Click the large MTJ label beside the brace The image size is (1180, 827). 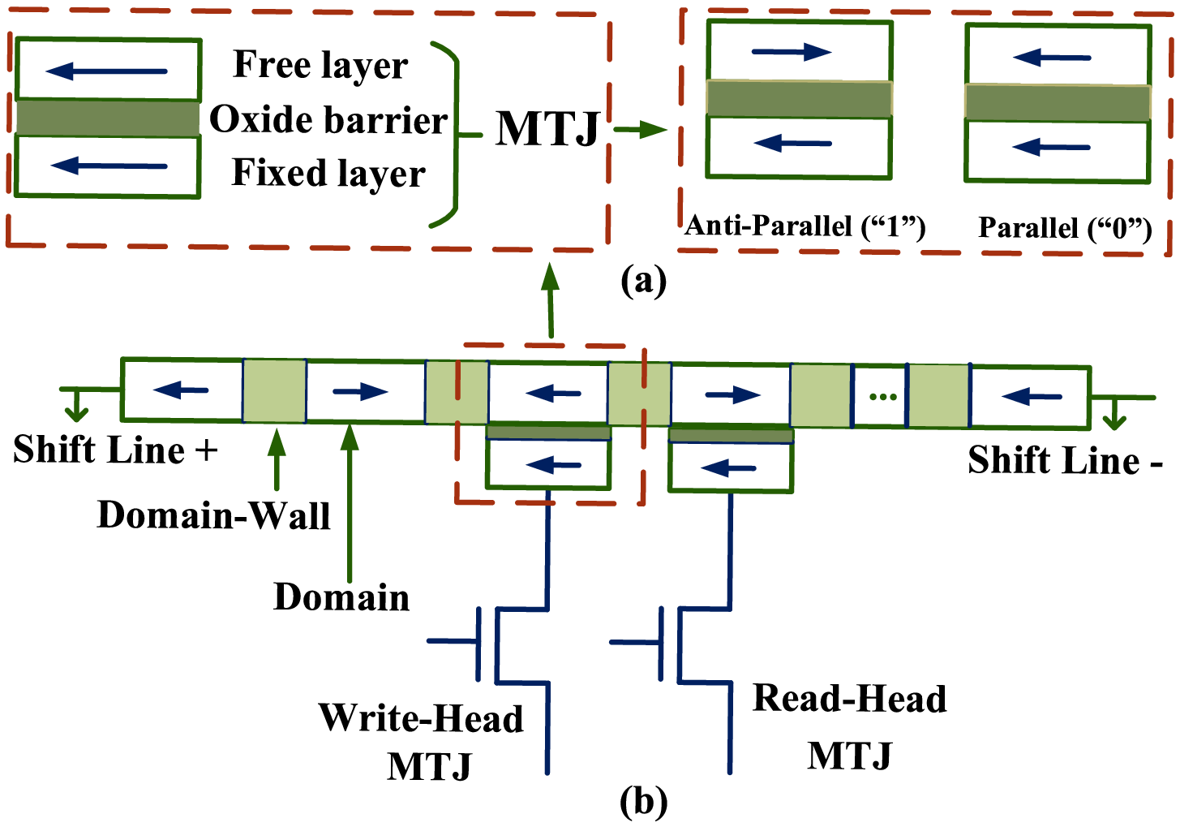548,128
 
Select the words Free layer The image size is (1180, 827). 320,65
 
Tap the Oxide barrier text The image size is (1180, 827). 328,119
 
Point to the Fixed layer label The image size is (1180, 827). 328,172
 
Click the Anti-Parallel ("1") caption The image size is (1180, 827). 805,226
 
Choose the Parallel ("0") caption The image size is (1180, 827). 1065,228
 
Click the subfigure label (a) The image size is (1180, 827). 642,281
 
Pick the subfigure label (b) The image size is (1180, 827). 643,802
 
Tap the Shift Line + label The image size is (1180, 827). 115,450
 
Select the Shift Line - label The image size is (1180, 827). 1065,460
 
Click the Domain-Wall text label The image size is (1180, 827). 213,515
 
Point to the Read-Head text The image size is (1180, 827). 849,699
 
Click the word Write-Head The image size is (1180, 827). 421,718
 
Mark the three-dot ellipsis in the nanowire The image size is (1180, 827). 882,396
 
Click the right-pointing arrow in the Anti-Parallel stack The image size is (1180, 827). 792,53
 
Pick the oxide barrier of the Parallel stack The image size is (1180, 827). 1058,103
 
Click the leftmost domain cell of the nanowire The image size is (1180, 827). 182,390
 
